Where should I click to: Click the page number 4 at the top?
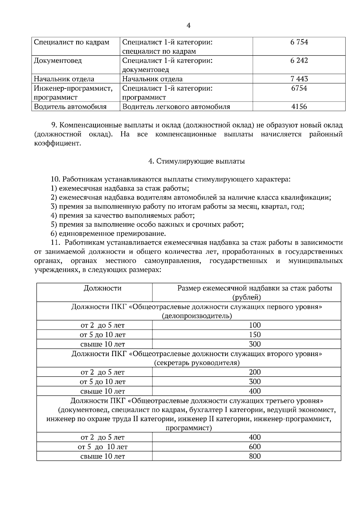[188, 26]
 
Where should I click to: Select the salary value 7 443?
[299, 79]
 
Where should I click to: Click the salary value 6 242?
[299, 61]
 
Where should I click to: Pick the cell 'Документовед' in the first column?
[58, 61]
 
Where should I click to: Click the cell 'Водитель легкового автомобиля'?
[176, 107]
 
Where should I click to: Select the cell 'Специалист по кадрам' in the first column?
[71, 42]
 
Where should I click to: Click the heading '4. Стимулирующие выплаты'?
[196, 161]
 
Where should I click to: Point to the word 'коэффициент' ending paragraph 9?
[58, 143]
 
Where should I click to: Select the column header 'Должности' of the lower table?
[102, 288]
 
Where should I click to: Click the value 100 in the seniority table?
[255, 325]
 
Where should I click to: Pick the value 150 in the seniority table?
[255, 335]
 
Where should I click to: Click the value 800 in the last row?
[255, 457]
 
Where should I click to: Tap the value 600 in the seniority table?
[255, 447]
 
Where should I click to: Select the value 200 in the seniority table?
[255, 372]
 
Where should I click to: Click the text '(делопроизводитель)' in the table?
[197, 316]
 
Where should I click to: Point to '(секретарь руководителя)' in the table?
[197, 363]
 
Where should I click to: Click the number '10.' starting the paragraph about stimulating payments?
[56, 180]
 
